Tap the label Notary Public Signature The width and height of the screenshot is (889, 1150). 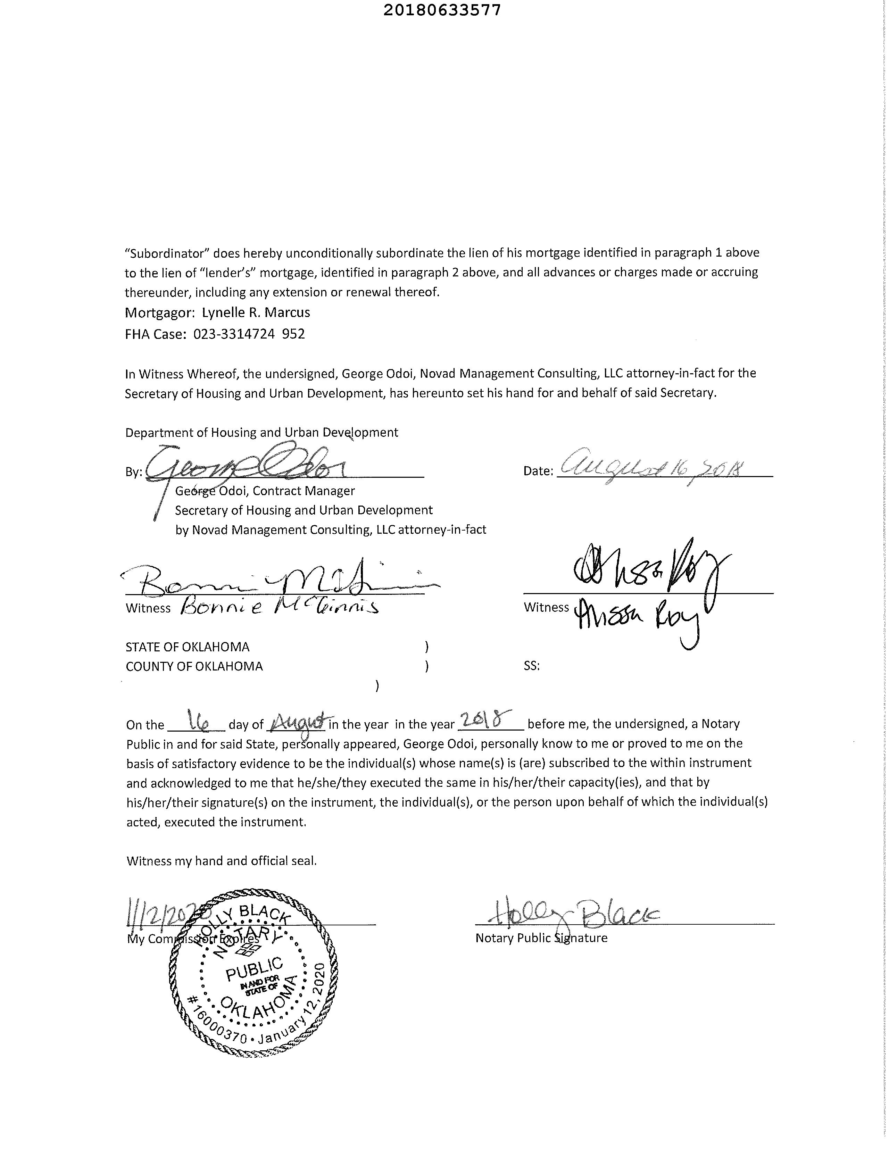tap(541, 938)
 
